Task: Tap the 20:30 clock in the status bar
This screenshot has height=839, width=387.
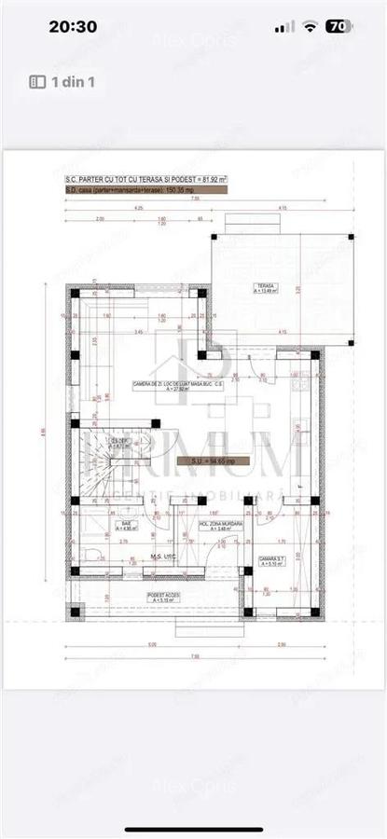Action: (74, 27)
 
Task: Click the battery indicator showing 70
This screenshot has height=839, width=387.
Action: (339, 27)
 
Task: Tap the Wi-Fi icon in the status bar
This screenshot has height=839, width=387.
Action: (310, 27)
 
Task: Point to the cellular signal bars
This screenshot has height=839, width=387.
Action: (286, 27)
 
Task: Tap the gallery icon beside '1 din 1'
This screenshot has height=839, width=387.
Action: (38, 82)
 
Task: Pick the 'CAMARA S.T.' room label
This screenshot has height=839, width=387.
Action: (272, 561)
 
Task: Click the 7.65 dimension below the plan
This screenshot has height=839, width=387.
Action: (194, 656)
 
